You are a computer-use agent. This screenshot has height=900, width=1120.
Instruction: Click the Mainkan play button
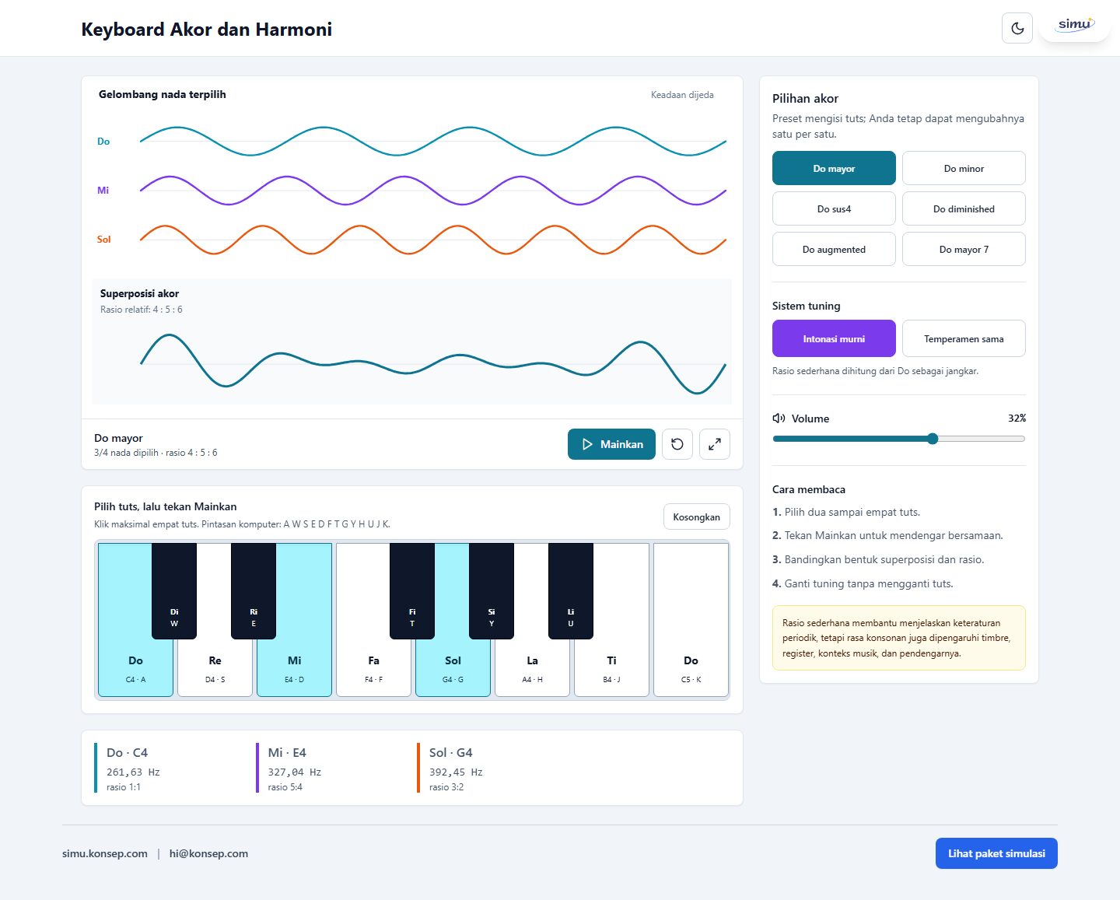coord(611,444)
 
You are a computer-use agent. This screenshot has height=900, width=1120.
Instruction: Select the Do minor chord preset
coord(964,168)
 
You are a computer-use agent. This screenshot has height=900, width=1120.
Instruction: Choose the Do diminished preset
coord(964,208)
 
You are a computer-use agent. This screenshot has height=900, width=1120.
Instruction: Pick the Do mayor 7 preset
coord(964,250)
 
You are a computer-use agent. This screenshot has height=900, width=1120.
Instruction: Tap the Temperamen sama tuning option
coord(964,339)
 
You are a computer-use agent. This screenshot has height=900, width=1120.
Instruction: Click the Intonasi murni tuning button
coord(834,339)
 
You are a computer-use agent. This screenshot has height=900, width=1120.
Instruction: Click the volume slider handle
coord(933,439)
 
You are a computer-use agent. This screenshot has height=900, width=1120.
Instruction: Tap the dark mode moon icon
coord(1017,28)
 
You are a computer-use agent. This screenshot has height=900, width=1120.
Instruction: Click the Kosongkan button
coord(696,517)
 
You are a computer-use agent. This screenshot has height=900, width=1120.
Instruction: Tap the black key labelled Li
coord(570,591)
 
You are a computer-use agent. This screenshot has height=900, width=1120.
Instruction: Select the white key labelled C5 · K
coord(691,619)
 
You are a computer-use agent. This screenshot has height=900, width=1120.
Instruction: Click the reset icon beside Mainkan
coord(677,444)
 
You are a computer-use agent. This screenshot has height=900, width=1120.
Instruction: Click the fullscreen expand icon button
coord(715,444)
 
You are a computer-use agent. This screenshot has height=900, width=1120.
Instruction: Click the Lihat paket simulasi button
coord(996,853)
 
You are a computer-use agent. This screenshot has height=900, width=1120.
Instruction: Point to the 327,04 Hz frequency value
coord(294,772)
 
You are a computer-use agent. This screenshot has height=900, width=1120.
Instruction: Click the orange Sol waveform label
coord(103,240)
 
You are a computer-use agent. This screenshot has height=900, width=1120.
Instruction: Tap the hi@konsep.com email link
coord(208,853)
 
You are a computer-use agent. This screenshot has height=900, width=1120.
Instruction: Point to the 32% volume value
coord(1017,418)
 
